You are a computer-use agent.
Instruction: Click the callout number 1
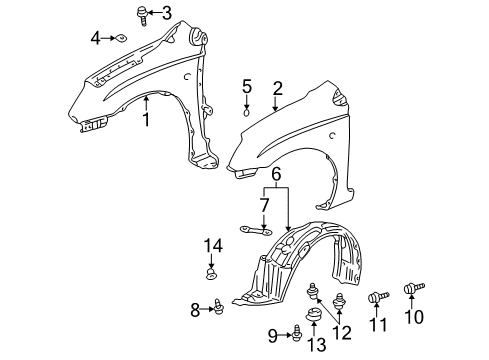145,120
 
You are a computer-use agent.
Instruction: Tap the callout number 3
166,13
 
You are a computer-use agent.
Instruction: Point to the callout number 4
96,38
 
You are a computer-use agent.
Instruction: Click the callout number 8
196,310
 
